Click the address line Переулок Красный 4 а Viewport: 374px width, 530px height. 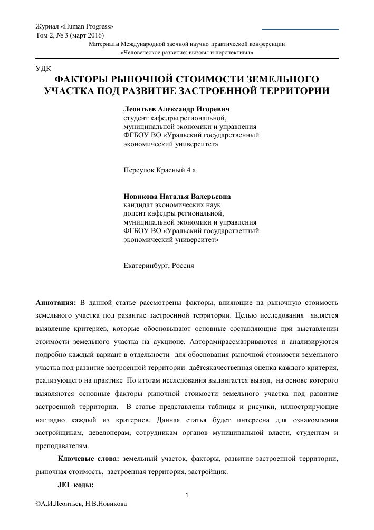pos(157,170)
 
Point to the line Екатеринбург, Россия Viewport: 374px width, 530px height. pos(158,265)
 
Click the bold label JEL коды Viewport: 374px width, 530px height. pos(75,484)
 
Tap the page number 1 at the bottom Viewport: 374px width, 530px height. pos(187,496)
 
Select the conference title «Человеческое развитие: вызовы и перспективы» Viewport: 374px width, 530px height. pos(187,53)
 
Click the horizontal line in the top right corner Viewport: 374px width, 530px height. pos(300,29)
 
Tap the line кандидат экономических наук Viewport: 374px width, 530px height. pos(167,205)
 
